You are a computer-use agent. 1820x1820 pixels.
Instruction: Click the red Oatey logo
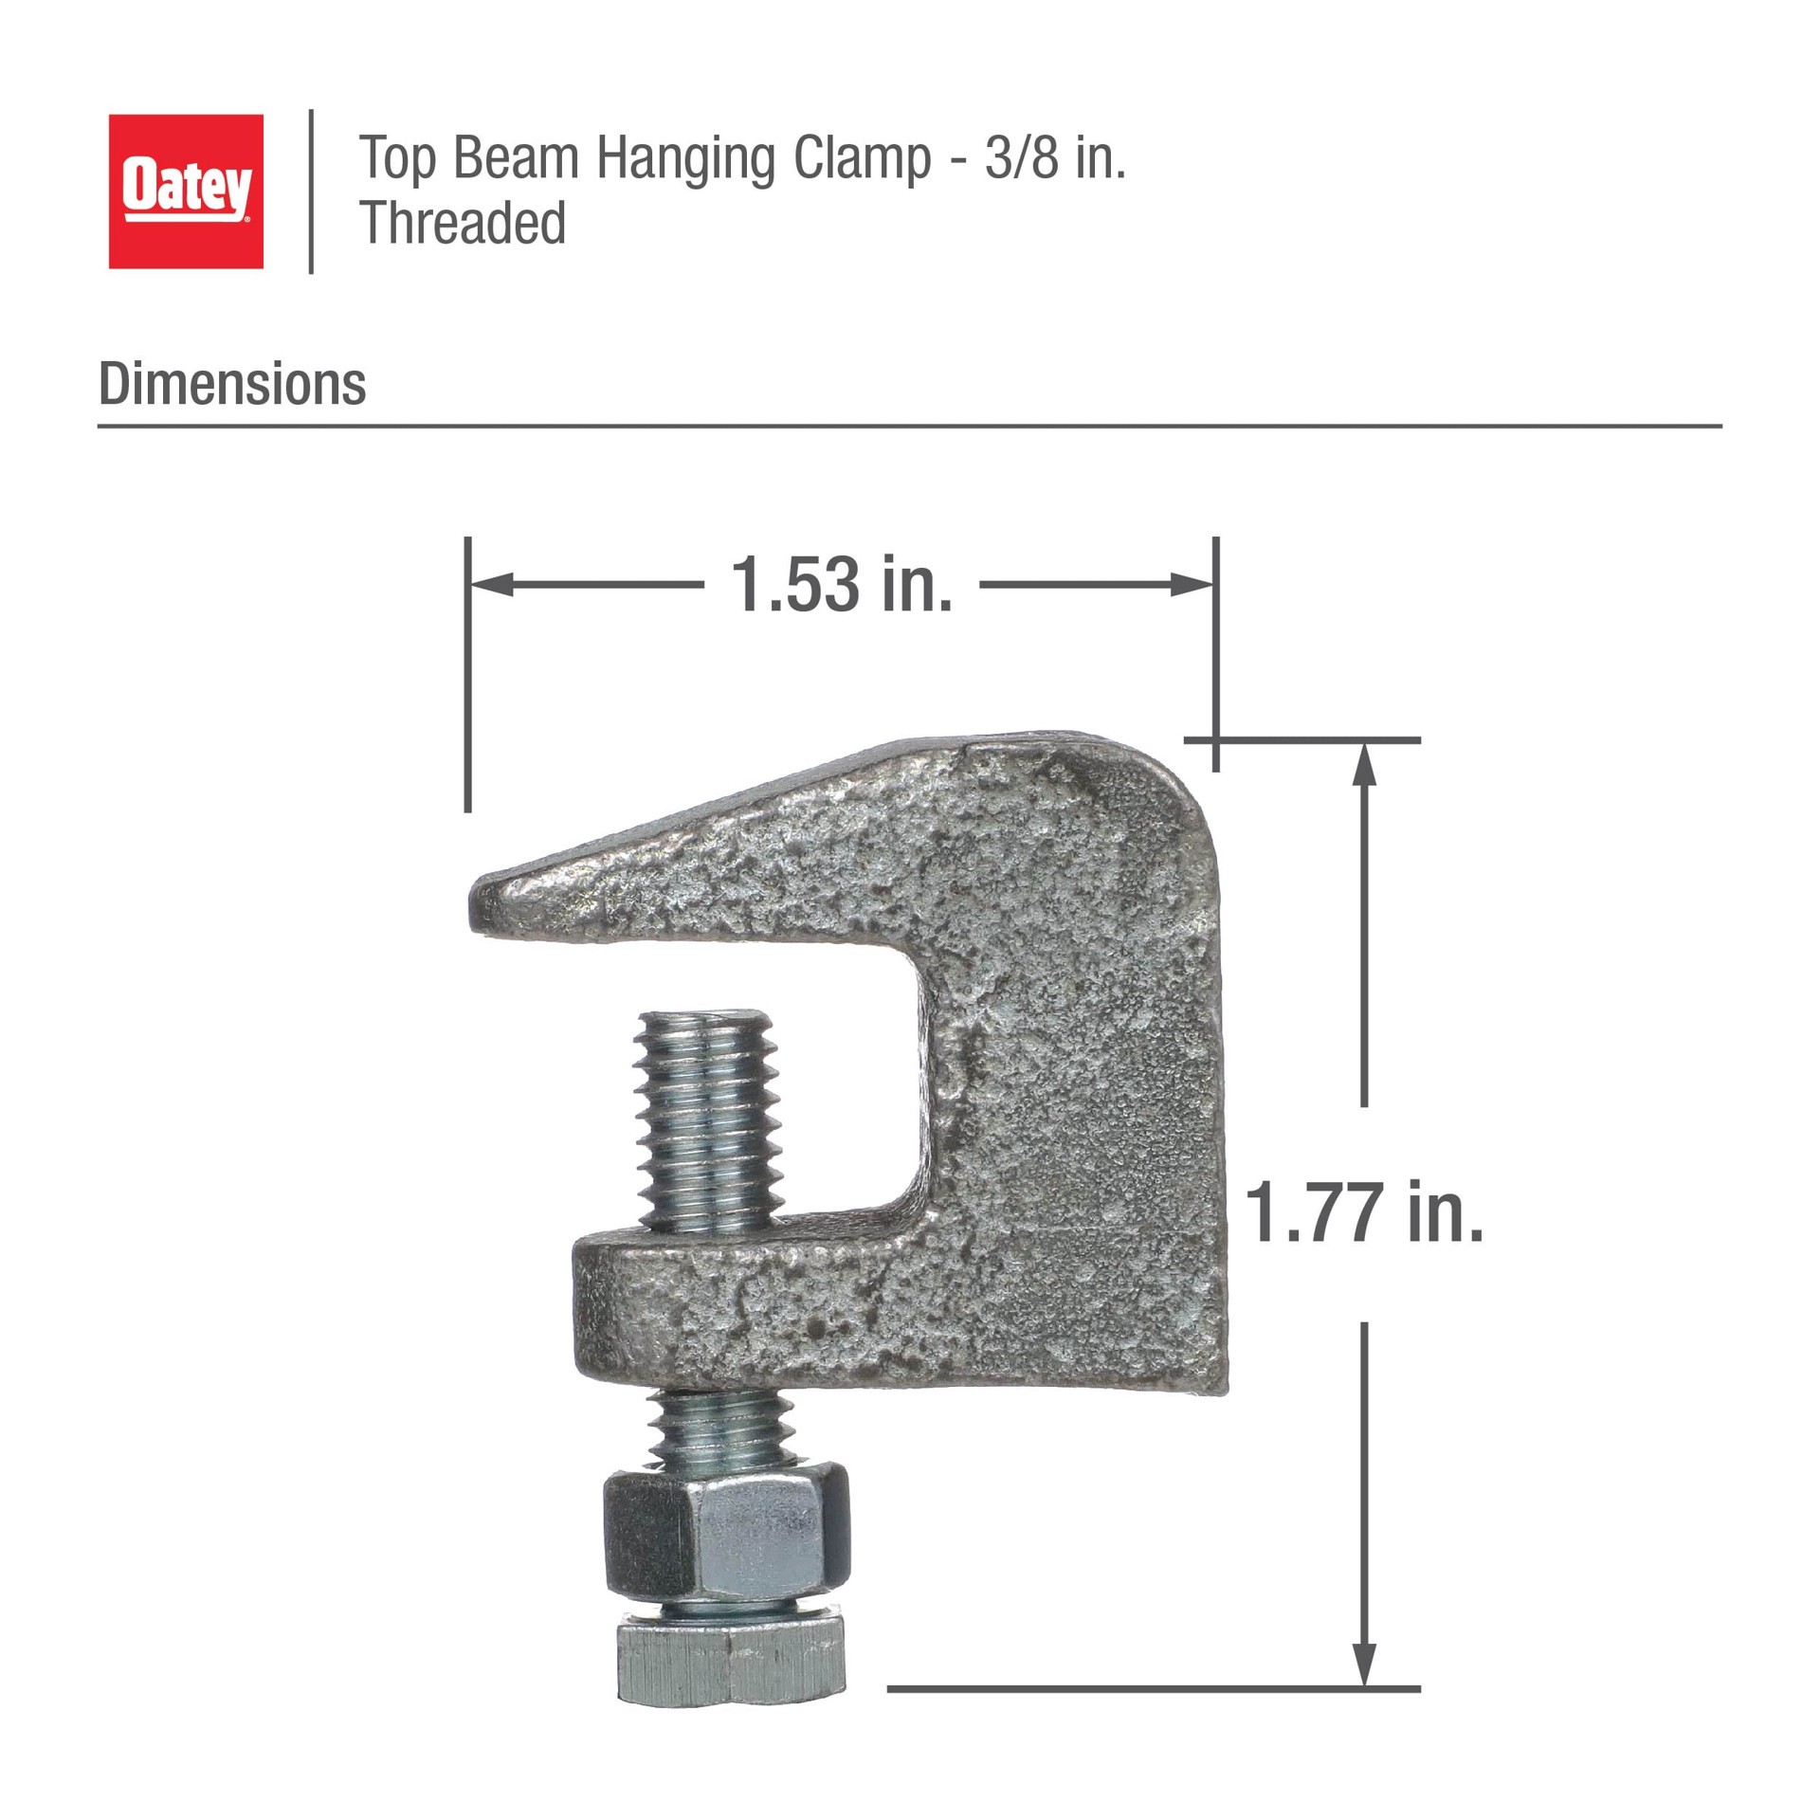click(x=186, y=191)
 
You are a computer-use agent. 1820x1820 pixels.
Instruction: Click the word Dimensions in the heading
click(x=232, y=384)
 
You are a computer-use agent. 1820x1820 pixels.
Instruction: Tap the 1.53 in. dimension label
click(x=841, y=584)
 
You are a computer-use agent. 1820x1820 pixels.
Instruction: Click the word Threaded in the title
click(x=463, y=224)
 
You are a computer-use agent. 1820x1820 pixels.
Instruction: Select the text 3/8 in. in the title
click(x=1055, y=157)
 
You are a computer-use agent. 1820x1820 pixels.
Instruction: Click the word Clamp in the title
click(x=862, y=157)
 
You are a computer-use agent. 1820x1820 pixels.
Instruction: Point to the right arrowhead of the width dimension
click(x=1193, y=585)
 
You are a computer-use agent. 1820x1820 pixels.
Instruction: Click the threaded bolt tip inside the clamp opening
click(x=708, y=1043)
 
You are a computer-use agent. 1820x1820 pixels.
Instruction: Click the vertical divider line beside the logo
click(x=311, y=191)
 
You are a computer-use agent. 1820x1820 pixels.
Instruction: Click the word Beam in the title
click(x=515, y=157)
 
